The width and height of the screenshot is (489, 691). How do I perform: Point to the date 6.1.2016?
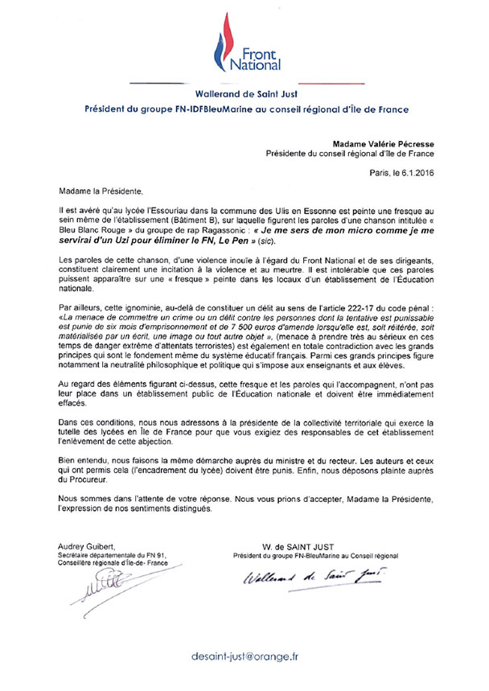(x=415, y=172)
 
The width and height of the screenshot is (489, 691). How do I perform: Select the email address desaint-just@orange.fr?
(x=244, y=656)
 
